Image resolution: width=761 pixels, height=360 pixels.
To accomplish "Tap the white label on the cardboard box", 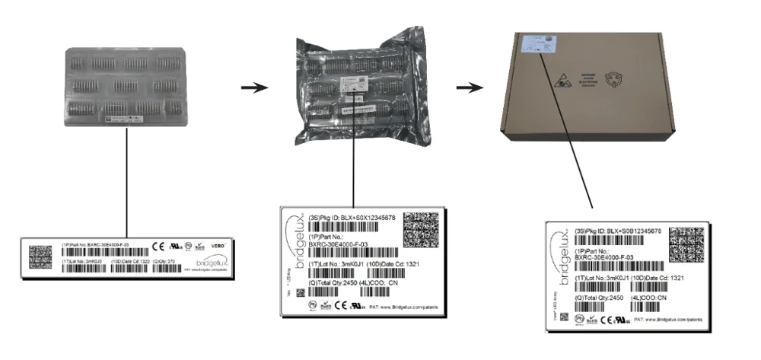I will [541, 44].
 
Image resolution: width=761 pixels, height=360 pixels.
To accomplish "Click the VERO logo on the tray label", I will [217, 245].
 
